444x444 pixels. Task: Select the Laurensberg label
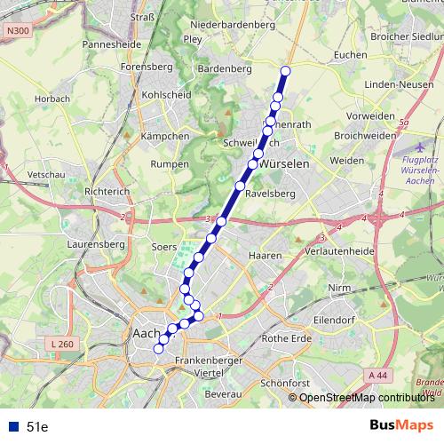(95, 241)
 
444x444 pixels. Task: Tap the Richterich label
(107, 191)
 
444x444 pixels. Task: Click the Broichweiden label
(364, 135)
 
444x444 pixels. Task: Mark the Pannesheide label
(113, 43)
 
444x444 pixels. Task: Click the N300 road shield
(16, 32)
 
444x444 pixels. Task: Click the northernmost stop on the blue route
(286, 71)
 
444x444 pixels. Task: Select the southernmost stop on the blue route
(159, 349)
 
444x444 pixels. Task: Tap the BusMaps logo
(400, 426)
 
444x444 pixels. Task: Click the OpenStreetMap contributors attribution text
(366, 399)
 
